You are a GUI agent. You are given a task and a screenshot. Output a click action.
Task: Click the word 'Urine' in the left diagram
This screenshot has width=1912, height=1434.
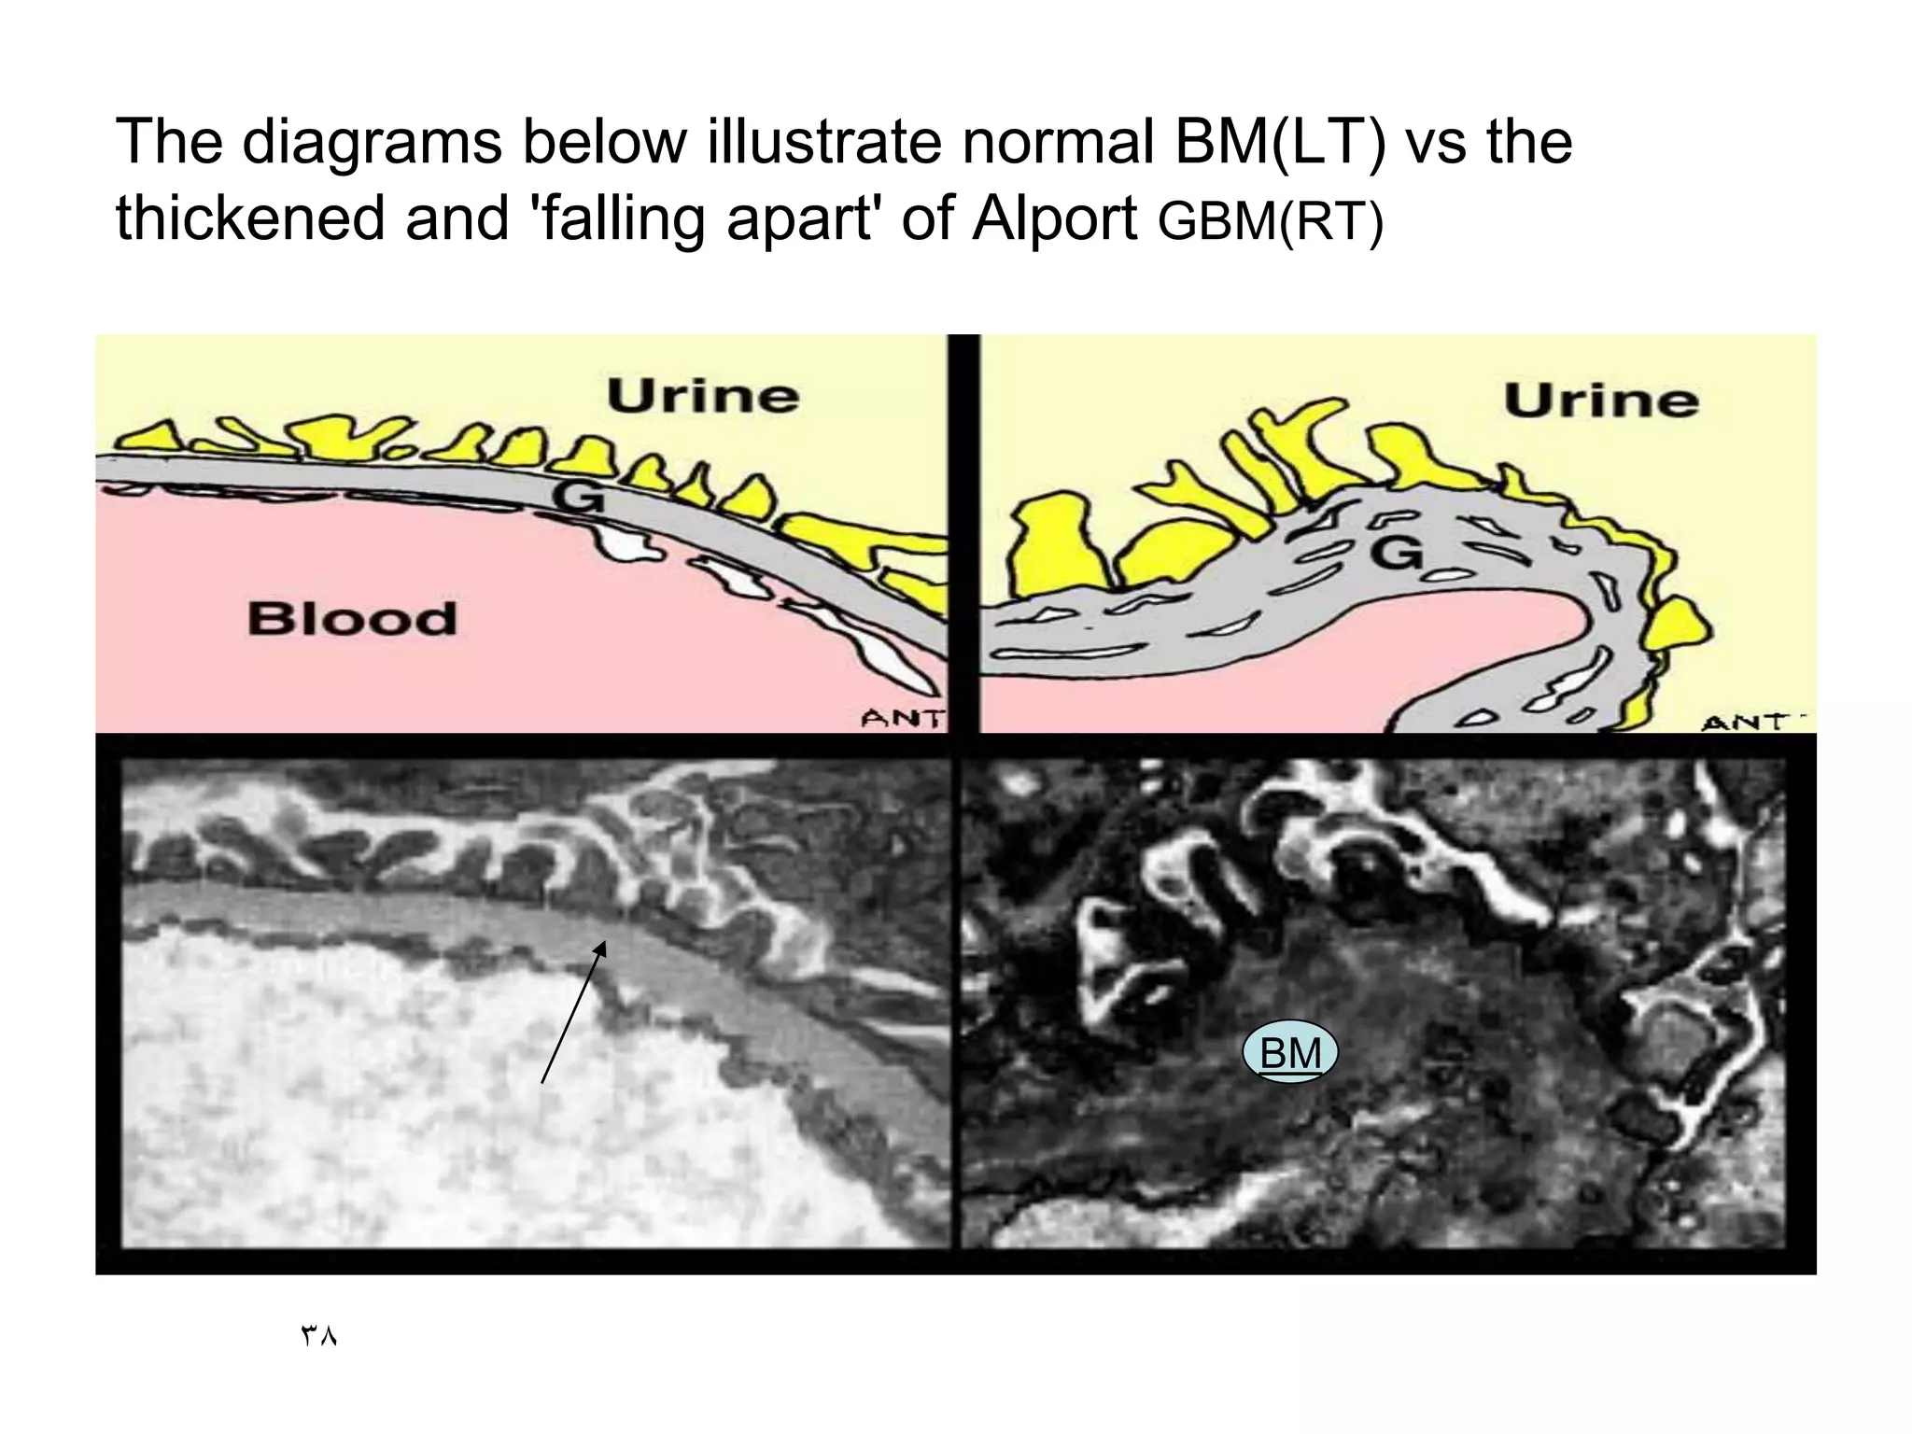click(703, 397)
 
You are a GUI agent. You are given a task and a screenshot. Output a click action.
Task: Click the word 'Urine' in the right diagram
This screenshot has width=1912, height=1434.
click(1600, 401)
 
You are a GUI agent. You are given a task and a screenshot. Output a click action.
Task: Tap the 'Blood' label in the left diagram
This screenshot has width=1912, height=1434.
click(352, 619)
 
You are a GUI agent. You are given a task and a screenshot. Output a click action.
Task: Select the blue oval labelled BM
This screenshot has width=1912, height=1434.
click(1290, 1053)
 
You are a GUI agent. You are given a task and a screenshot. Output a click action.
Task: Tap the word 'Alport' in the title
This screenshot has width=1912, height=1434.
click(1054, 218)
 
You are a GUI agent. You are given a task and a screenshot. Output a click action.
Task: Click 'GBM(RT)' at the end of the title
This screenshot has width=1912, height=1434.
click(1270, 222)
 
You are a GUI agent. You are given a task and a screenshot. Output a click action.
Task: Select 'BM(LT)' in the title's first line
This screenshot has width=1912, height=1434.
click(1280, 142)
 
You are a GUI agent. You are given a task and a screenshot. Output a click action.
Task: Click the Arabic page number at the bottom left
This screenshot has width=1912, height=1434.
click(318, 1336)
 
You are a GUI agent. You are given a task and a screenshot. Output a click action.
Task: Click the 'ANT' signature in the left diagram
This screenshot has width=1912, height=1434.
click(902, 718)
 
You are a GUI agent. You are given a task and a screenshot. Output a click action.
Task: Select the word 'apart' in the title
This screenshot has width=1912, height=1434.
click(803, 220)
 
